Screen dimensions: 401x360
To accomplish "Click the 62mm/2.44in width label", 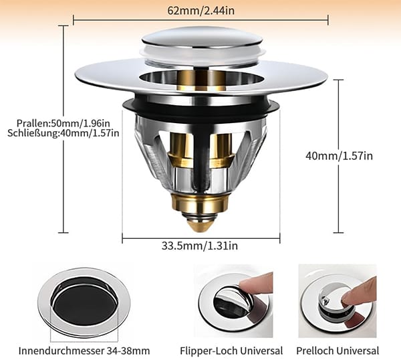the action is pyautogui.click(x=200, y=11).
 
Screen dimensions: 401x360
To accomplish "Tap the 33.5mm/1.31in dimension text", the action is pyautogui.click(x=200, y=246).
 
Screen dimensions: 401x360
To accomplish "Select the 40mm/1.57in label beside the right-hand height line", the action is pyautogui.click(x=339, y=156).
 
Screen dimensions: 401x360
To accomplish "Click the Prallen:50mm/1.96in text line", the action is pyautogui.click(x=63, y=123).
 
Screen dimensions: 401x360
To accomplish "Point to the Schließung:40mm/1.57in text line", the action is pyautogui.click(x=63, y=133).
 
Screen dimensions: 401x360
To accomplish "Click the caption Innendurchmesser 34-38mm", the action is pyautogui.click(x=84, y=351).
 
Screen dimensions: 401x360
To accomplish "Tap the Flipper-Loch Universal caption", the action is pyautogui.click(x=231, y=351).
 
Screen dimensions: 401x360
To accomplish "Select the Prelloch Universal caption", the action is pyautogui.click(x=338, y=351).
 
